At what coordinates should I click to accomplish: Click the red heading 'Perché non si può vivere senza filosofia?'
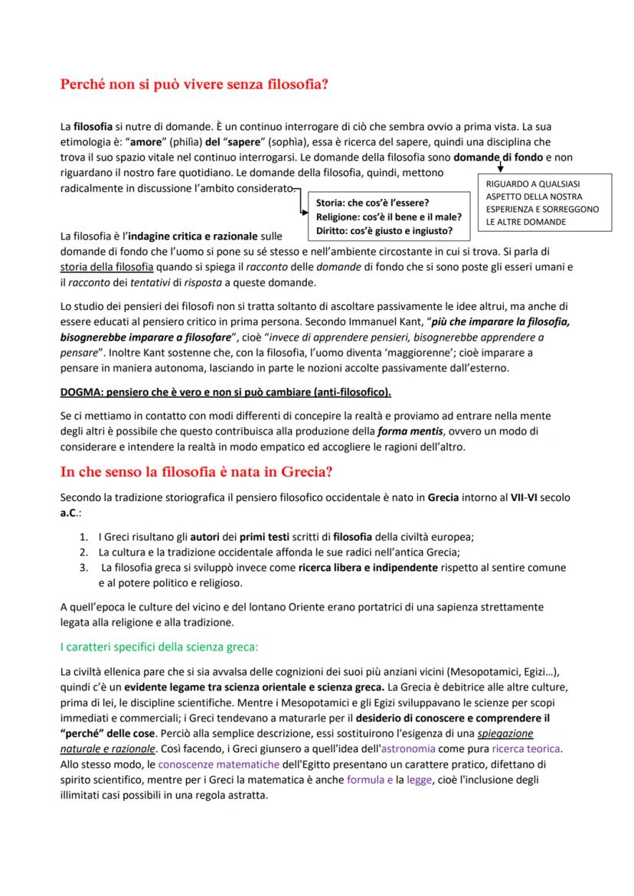coord(194,83)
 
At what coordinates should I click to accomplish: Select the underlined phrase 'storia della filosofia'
coord(106,268)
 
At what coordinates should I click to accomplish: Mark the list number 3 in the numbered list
coord(83,568)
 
